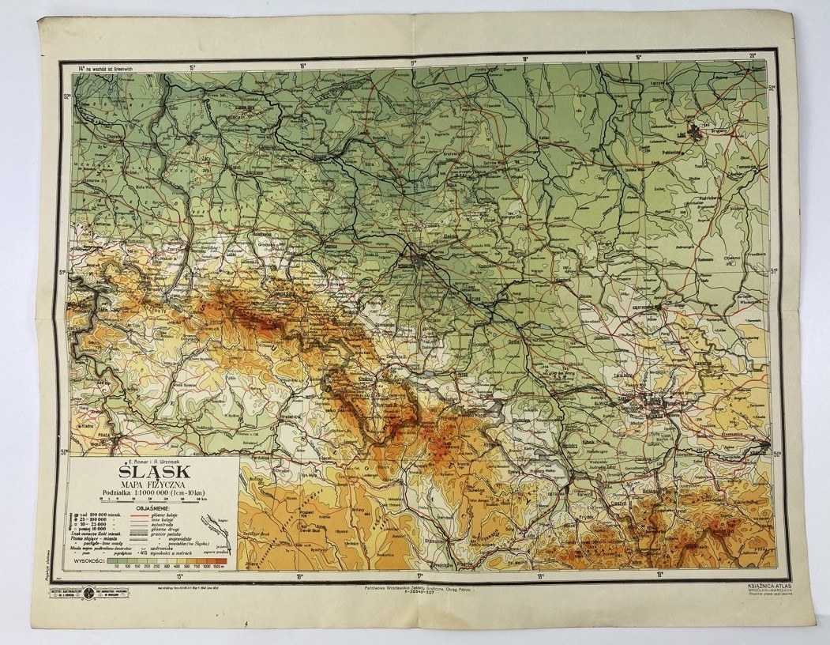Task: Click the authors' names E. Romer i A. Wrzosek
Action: pyautogui.click(x=150, y=459)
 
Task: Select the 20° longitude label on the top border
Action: pyautogui.click(x=752, y=55)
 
